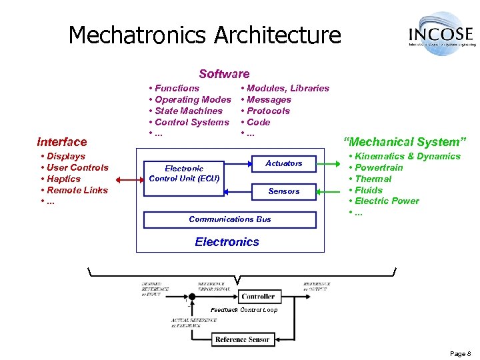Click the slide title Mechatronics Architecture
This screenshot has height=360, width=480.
[x=205, y=35]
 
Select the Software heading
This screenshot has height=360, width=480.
[x=224, y=74]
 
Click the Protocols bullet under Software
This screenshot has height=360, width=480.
[x=268, y=111]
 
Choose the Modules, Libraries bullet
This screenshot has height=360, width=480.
[x=287, y=88]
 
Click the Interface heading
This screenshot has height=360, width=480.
[x=62, y=141]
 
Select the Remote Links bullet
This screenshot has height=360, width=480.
[x=77, y=190]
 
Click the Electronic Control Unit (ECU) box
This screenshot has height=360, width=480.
[x=184, y=173]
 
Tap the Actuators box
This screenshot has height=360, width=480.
[x=283, y=163]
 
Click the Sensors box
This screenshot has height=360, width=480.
[x=283, y=191]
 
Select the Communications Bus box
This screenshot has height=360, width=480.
[x=230, y=219]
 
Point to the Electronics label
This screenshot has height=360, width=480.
[x=227, y=242]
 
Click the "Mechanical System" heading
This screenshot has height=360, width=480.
[x=405, y=141]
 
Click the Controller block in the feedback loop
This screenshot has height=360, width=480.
[x=257, y=296]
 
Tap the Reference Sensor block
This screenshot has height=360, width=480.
[x=242, y=339]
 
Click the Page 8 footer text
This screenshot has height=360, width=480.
[x=460, y=353]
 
